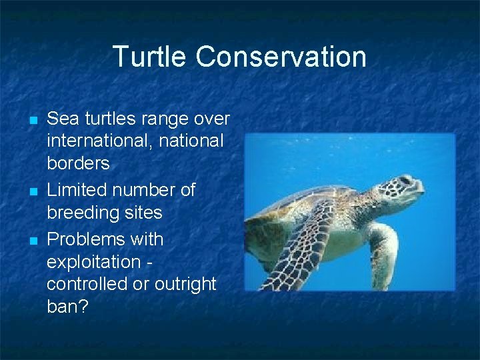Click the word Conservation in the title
281,57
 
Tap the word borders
78,164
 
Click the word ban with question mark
67,307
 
